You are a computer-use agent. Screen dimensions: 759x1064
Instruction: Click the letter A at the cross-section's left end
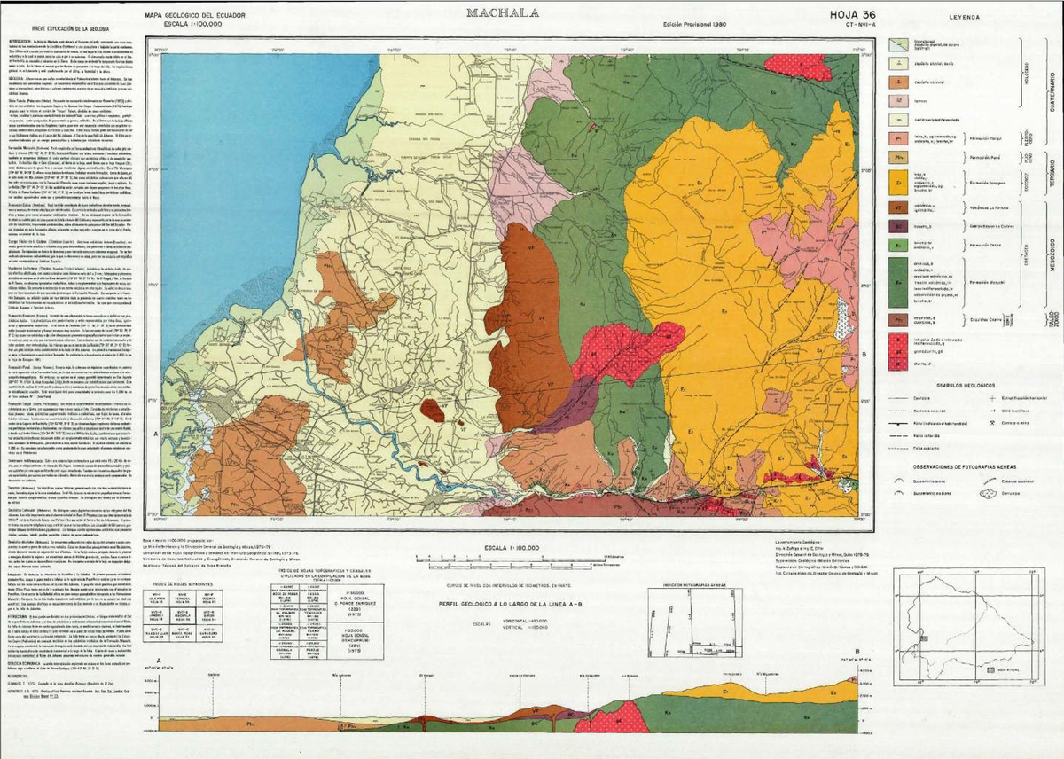(158, 661)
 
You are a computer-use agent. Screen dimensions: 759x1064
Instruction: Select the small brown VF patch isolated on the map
(432, 410)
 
